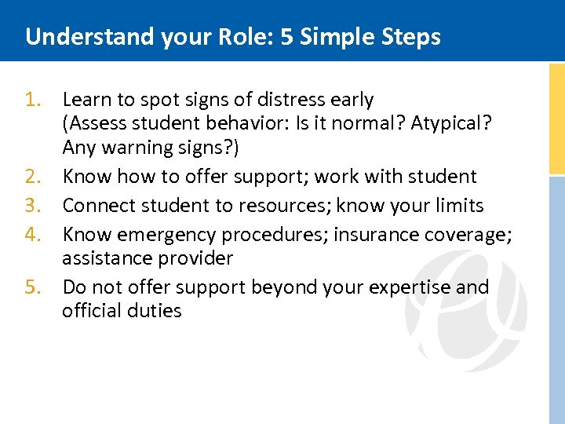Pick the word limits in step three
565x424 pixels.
pos(457,206)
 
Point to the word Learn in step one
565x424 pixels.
pos(85,100)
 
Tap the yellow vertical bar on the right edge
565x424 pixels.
pos(556,118)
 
